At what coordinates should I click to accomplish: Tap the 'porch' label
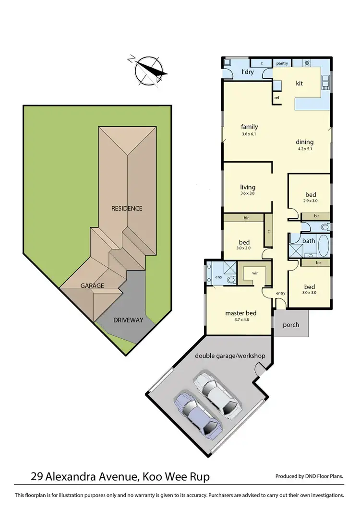click(291, 325)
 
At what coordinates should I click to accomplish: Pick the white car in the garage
click(217, 396)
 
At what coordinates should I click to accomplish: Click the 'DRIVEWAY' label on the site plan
click(128, 320)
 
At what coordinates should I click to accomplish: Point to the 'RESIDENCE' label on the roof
click(127, 208)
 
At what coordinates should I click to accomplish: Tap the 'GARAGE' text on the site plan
click(92, 285)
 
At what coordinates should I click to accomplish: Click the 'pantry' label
click(282, 63)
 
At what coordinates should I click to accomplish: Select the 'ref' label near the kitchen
click(277, 98)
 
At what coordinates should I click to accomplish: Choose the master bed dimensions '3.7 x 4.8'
click(240, 321)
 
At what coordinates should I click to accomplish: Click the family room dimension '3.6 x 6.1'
click(250, 134)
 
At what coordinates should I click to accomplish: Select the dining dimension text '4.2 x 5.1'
click(304, 149)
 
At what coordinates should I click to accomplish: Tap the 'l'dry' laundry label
click(247, 72)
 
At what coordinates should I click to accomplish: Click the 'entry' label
click(281, 293)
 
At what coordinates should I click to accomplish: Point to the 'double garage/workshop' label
click(230, 356)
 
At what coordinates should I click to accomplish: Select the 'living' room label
click(248, 187)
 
